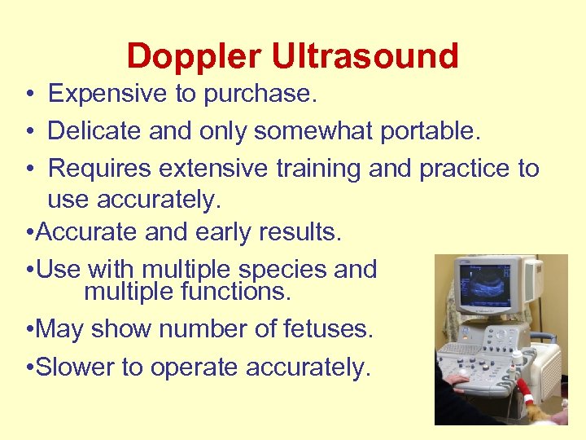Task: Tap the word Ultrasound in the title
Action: click(365, 57)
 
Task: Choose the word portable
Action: click(418, 131)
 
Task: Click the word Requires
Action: click(100, 169)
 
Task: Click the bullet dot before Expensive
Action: click(28, 95)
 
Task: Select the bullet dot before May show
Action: click(29, 330)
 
